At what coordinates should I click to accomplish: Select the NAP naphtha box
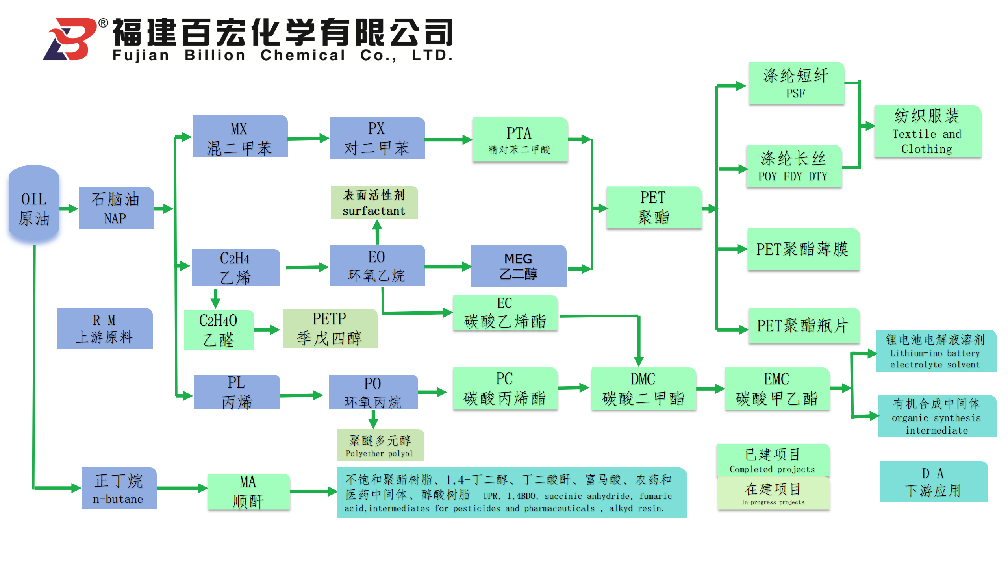[x=116, y=208]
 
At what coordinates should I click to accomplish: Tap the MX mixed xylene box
[x=240, y=136]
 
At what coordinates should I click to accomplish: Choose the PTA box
[x=520, y=139]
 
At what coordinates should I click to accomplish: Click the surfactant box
[x=374, y=202]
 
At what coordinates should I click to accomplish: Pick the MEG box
[x=519, y=266]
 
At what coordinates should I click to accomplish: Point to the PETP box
[x=330, y=328]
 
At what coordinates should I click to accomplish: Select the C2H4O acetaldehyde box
[x=219, y=330]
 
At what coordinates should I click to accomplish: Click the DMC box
[x=643, y=389]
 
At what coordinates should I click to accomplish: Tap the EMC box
[x=777, y=389]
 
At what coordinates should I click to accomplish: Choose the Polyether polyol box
[x=380, y=445]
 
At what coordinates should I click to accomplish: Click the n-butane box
[x=119, y=488]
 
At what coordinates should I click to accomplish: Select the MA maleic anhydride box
[x=249, y=491]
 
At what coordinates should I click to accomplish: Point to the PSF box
[x=796, y=83]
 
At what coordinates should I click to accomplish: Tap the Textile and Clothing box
[x=927, y=132]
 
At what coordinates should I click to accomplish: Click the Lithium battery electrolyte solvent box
[x=936, y=351]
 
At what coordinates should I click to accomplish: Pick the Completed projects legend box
[x=773, y=460]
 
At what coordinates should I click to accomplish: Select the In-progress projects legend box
[x=773, y=493]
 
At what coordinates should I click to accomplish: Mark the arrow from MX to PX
[x=308, y=138]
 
